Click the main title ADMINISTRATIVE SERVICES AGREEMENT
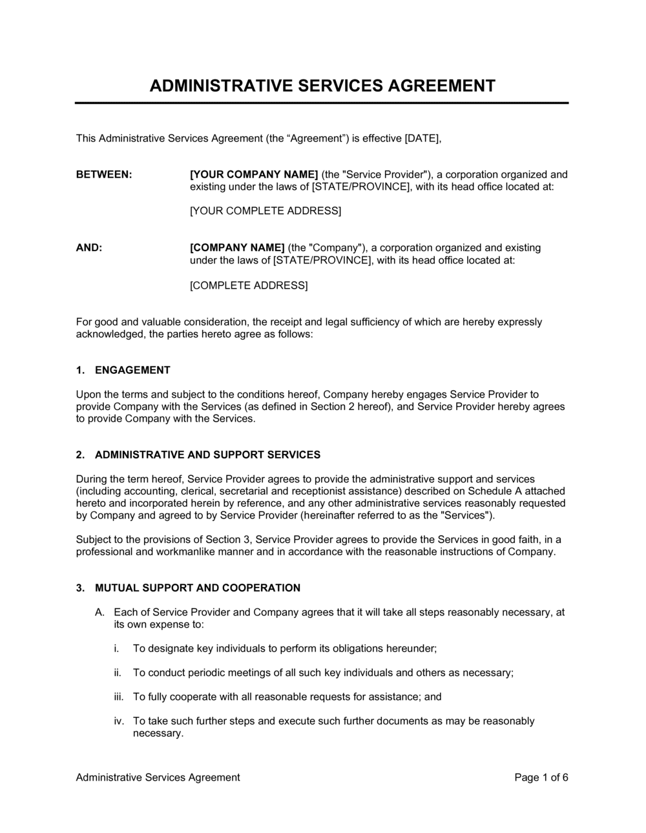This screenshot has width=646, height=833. (322, 86)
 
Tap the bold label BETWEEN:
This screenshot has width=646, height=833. (104, 174)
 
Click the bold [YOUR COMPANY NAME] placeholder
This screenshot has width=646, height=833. (254, 174)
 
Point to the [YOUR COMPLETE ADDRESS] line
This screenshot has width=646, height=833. (265, 211)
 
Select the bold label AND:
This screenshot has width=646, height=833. (89, 248)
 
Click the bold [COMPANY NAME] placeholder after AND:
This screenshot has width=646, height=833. (237, 248)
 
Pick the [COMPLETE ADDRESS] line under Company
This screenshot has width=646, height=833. (249, 285)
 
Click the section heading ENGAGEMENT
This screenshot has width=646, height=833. (132, 370)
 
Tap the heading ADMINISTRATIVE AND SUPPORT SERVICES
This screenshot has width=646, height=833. (207, 455)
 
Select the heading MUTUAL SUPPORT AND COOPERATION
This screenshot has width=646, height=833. (198, 588)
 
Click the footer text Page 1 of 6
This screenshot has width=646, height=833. (541, 777)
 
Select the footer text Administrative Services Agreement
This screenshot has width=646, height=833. (158, 777)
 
